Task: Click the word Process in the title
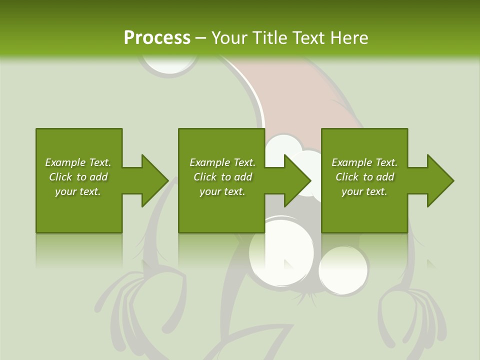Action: (157, 38)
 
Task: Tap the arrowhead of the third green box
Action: (439, 180)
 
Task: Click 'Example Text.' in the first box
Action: (78, 162)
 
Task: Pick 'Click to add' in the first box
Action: (78, 177)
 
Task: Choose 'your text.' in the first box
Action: (78, 191)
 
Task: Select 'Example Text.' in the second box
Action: (222, 162)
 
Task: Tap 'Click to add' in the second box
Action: (222, 177)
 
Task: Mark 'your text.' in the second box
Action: (222, 191)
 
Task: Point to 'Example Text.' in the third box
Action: (364, 162)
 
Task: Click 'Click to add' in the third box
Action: (364, 177)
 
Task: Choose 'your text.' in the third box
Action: (364, 191)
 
